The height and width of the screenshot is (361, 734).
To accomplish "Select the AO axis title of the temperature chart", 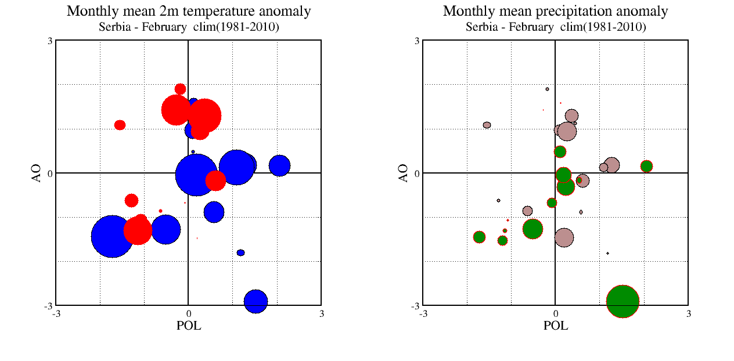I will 37,173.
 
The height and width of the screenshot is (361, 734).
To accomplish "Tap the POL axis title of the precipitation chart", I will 556,326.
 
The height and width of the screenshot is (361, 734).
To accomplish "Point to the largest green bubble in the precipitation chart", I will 623,301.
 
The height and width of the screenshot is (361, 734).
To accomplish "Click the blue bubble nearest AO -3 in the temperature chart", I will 256,301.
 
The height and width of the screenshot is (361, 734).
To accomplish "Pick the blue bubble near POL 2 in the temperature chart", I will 279,165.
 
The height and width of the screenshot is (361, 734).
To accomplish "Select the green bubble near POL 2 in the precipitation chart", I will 646,166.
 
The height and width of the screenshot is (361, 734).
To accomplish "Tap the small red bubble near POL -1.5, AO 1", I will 120,125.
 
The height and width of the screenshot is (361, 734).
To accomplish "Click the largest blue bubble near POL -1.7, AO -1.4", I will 112,236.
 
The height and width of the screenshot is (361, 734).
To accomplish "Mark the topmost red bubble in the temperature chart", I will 180,89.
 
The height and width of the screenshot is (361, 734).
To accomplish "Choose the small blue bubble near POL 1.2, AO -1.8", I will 240,252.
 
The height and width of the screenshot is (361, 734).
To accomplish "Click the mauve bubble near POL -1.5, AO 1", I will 487,125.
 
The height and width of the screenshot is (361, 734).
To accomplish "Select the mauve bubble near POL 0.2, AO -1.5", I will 564,237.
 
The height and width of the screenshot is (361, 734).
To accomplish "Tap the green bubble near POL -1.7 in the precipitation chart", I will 479,237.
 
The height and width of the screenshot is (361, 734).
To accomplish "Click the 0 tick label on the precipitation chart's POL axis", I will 555,314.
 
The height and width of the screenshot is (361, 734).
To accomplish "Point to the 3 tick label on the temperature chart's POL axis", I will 322,314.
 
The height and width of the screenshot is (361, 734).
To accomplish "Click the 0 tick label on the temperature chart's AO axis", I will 50,173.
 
